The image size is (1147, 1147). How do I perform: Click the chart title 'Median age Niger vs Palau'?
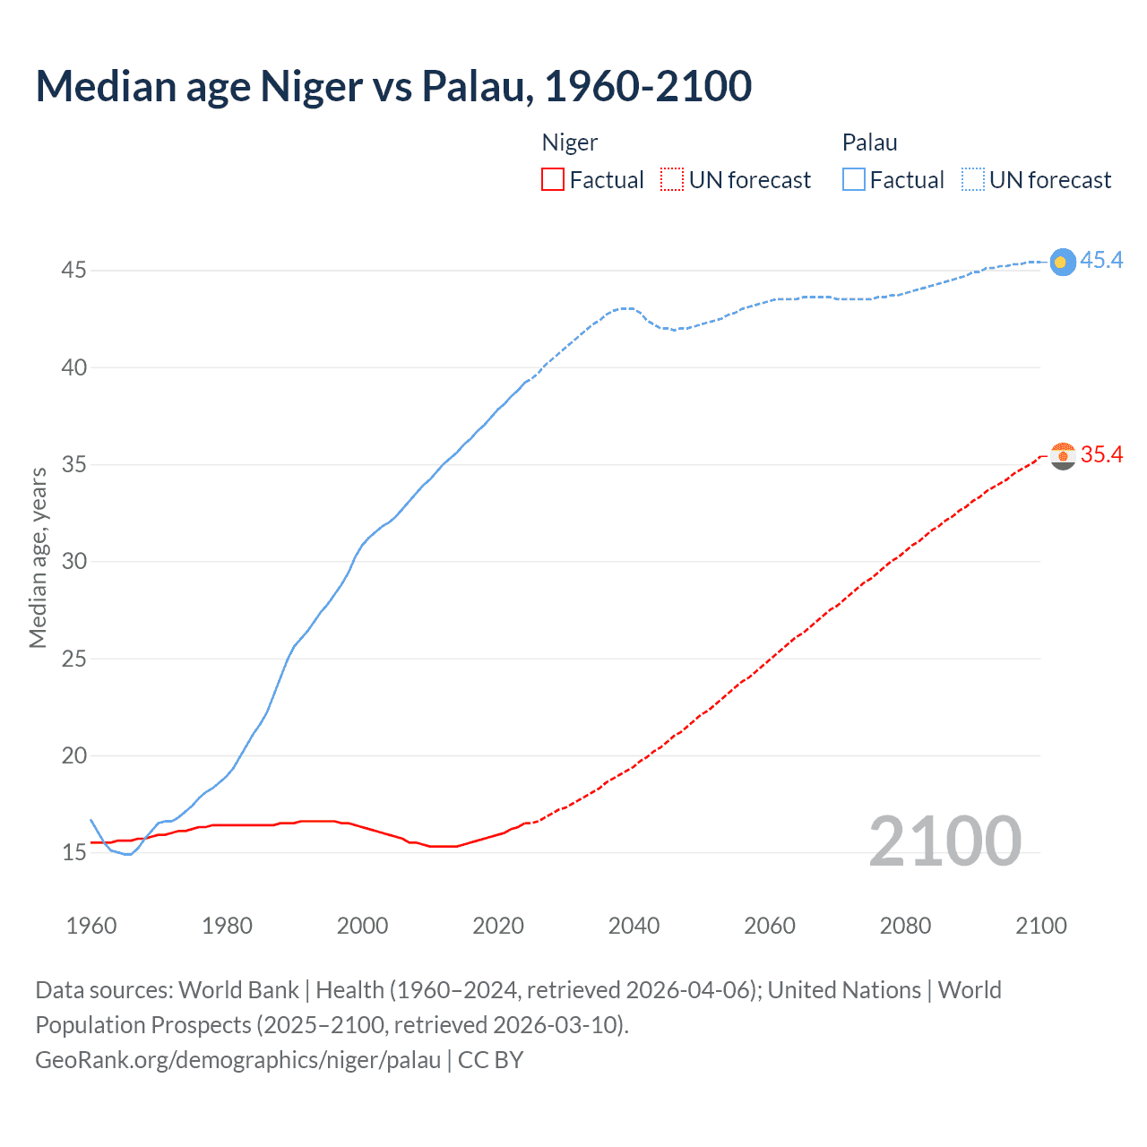[x=393, y=86]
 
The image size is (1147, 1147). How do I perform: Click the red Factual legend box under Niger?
[x=553, y=179]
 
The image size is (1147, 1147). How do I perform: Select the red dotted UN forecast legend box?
[x=672, y=179]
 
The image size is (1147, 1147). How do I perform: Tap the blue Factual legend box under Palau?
[x=853, y=179]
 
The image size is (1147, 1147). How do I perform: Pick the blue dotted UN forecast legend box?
[x=972, y=179]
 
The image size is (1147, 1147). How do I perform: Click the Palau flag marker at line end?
[x=1062, y=262]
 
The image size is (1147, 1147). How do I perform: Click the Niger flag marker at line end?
[x=1062, y=455]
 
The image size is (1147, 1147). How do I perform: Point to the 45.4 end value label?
[x=1101, y=260]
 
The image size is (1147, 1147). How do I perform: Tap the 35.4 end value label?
[x=1101, y=454]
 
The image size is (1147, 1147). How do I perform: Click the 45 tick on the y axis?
[x=73, y=270]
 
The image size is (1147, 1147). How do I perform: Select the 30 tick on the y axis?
[x=73, y=561]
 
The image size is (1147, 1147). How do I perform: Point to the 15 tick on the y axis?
[x=73, y=852]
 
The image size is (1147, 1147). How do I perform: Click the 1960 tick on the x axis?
[x=91, y=926]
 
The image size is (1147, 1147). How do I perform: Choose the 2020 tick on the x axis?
[x=498, y=926]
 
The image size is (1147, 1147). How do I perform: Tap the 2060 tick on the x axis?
[x=770, y=926]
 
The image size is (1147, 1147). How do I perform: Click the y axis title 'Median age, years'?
[x=38, y=557]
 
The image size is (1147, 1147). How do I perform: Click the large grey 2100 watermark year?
[x=944, y=841]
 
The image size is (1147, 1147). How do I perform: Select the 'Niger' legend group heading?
[x=570, y=142]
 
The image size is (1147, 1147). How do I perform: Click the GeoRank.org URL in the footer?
[x=237, y=1059]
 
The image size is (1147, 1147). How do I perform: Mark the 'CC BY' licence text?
[x=490, y=1059]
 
